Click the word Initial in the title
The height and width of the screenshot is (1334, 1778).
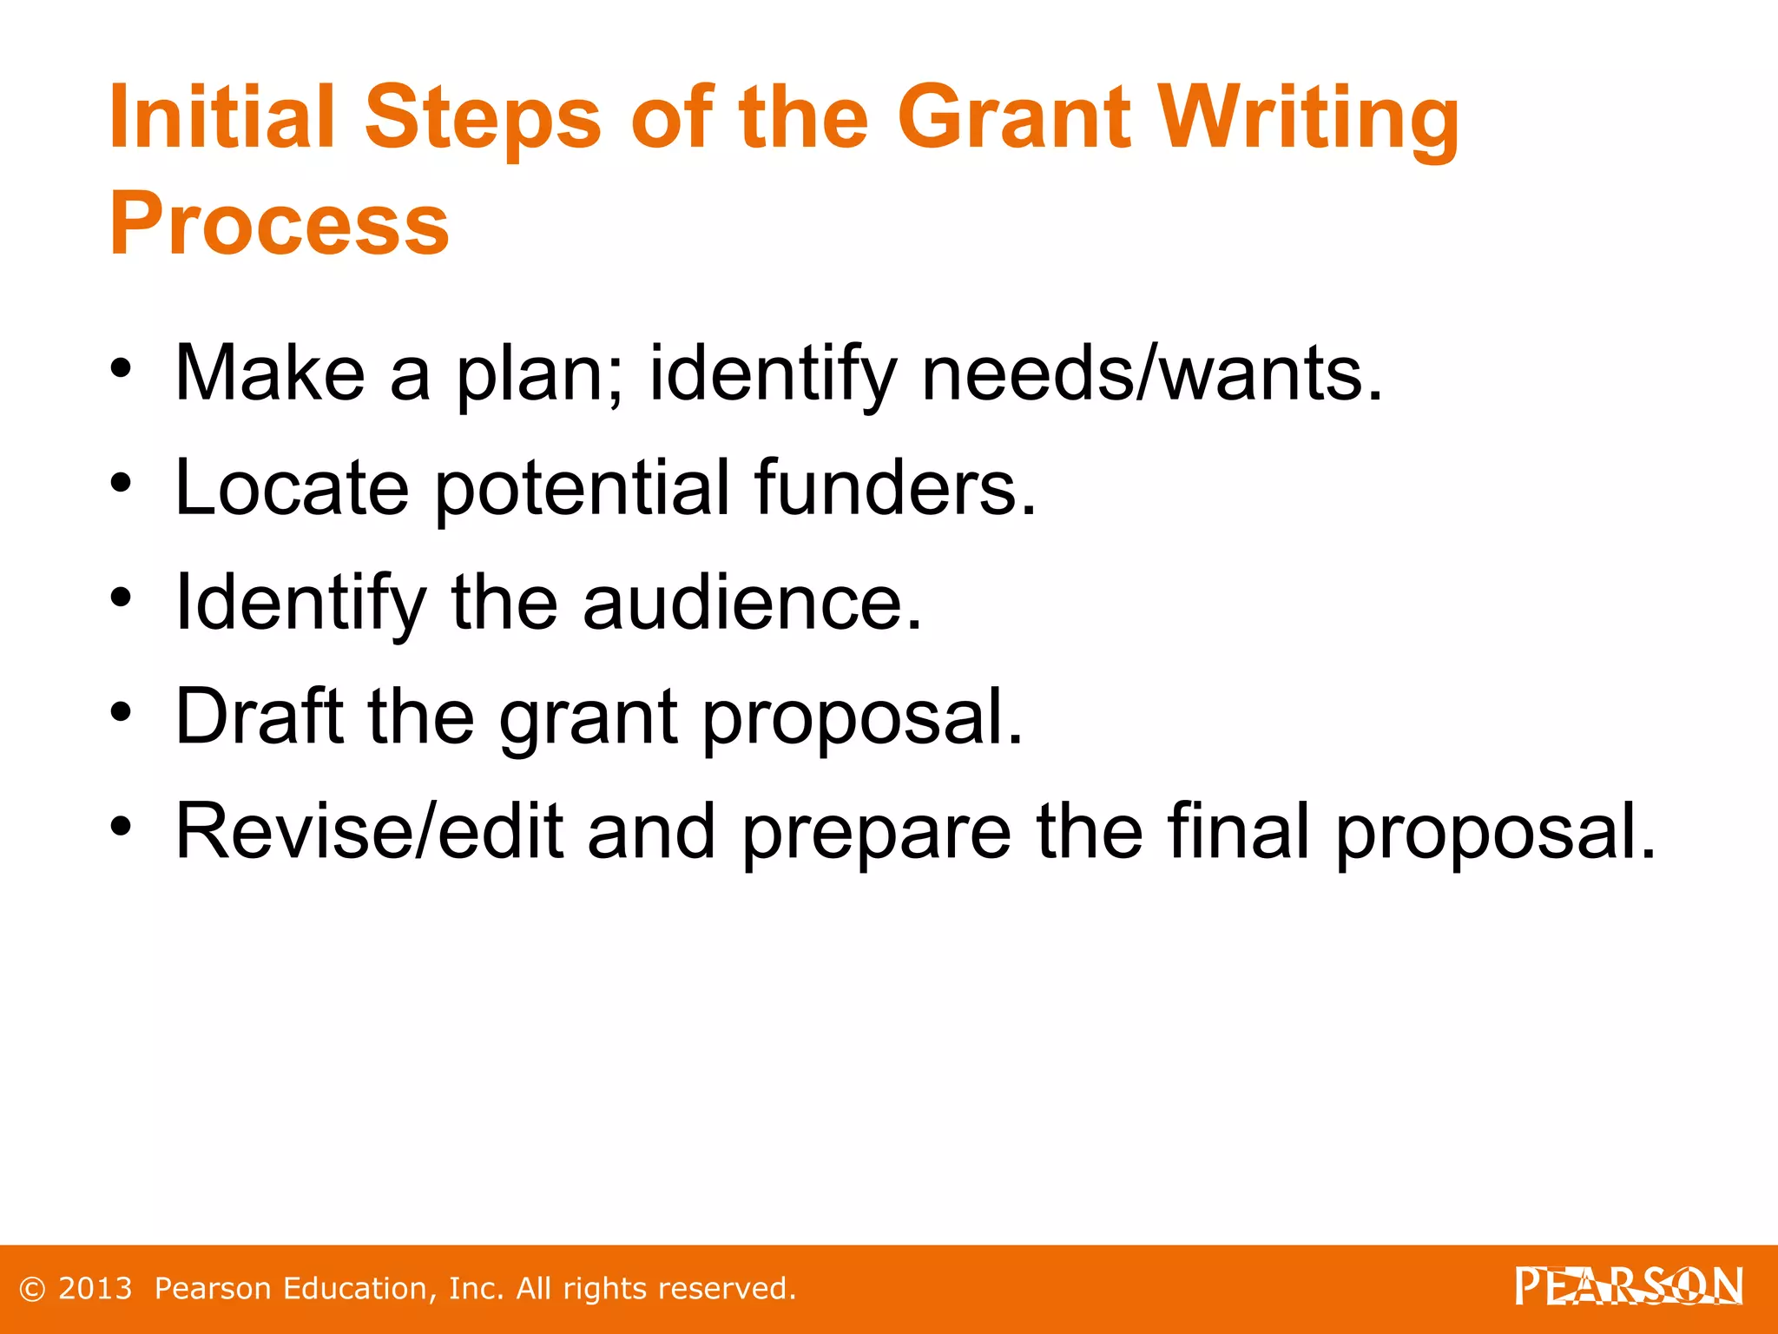pos(222,117)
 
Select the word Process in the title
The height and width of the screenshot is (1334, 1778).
pos(279,224)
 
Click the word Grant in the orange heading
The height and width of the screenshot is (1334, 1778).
pos(1014,117)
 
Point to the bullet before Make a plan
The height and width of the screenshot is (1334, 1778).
pos(121,368)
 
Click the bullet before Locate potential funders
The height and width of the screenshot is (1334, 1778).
pos(121,483)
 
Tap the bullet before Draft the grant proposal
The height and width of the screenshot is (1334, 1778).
pos(121,712)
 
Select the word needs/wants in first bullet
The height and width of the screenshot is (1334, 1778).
pos(1151,373)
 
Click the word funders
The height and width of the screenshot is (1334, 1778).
pos(894,488)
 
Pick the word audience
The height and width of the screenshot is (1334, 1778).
pos(752,603)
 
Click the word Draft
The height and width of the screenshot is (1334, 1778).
pos(259,717)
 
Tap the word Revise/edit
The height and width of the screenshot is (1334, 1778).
pos(368,832)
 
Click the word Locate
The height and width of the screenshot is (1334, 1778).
pos(292,488)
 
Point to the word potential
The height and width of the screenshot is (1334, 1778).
pos(582,488)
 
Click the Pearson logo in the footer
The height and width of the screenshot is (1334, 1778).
pos(1629,1287)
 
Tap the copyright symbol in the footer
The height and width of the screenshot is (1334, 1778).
pos(32,1290)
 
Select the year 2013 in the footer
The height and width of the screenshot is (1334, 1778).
pos(95,1289)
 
